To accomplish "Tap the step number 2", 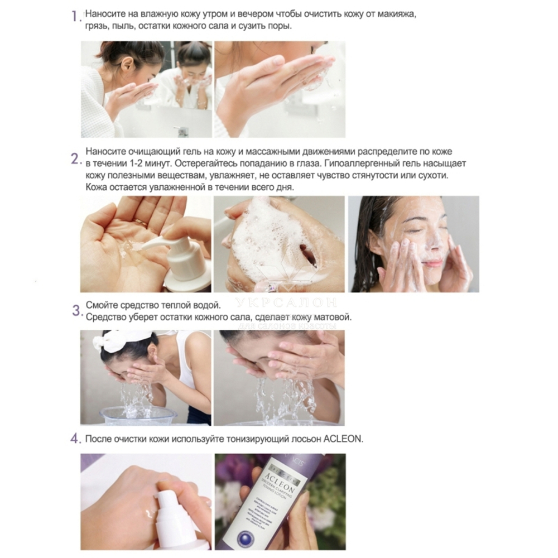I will coord(76,158).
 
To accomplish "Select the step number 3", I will coord(76,311).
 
